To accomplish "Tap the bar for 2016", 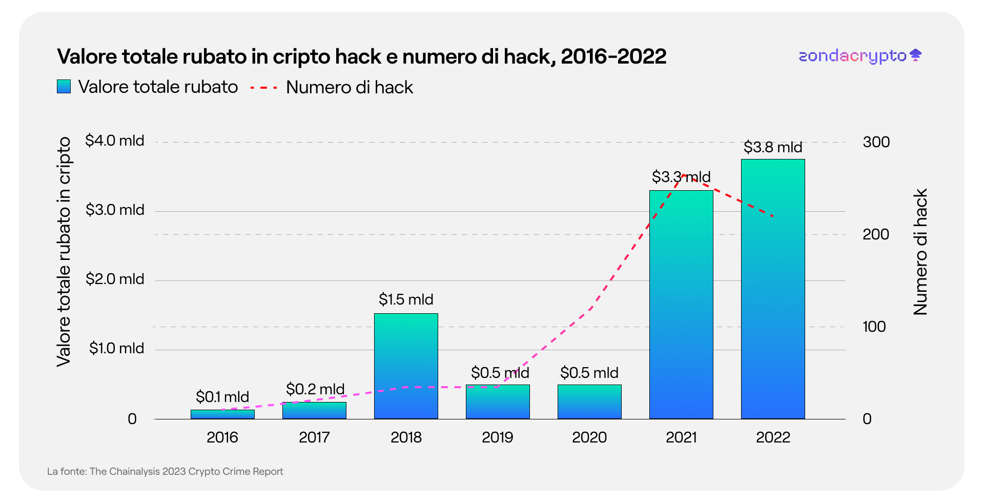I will click(x=222, y=414).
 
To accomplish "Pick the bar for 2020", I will click(x=589, y=402).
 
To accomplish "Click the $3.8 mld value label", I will click(x=773, y=148).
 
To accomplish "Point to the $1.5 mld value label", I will click(x=406, y=299).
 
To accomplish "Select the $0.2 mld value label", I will click(x=315, y=389).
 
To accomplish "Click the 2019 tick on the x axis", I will click(x=497, y=437).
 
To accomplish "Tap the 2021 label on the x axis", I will click(x=681, y=437).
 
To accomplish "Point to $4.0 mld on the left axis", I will click(x=115, y=140).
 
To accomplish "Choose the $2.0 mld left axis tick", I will click(x=115, y=279).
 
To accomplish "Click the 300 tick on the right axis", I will click(x=876, y=142).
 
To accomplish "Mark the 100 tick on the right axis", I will click(x=874, y=327).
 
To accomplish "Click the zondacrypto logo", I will click(x=859, y=56).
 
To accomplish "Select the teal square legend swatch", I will click(x=64, y=87).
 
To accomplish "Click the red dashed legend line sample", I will click(x=263, y=88).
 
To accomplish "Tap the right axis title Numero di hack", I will click(x=920, y=252).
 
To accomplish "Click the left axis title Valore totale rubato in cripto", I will click(x=64, y=252).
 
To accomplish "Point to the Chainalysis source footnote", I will click(x=165, y=472).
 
